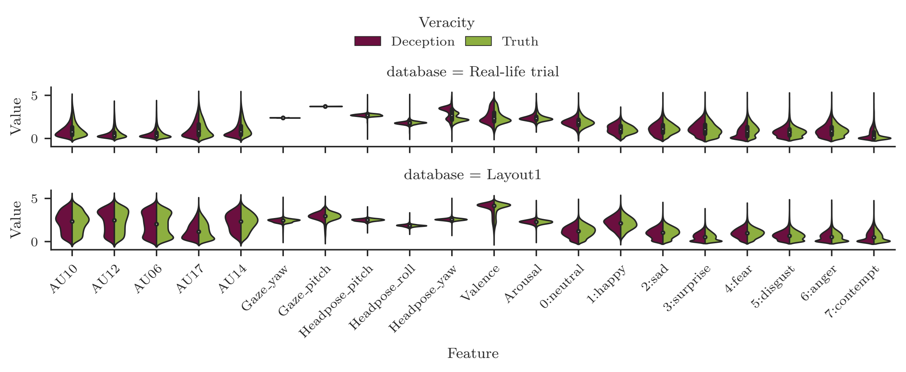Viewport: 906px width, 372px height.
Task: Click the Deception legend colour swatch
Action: [368, 41]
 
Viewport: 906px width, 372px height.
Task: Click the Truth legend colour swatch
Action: [478, 41]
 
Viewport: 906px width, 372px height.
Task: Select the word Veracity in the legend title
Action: [446, 23]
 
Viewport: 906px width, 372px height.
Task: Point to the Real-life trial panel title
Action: [473, 71]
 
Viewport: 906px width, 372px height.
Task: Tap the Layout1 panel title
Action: [473, 174]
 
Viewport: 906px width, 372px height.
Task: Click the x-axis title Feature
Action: [473, 353]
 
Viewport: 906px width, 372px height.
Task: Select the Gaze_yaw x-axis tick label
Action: [265, 288]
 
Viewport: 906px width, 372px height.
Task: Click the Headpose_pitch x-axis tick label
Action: [336, 301]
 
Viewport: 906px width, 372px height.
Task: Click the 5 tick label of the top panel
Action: [34, 96]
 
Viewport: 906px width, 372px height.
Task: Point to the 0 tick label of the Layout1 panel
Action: [34, 242]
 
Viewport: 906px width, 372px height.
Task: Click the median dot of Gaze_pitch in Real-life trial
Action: [325, 107]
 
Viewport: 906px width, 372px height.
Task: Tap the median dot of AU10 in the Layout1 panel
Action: [72, 222]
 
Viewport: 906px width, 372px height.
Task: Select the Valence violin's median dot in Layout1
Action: [494, 206]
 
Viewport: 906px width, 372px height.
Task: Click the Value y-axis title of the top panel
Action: [16, 116]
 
